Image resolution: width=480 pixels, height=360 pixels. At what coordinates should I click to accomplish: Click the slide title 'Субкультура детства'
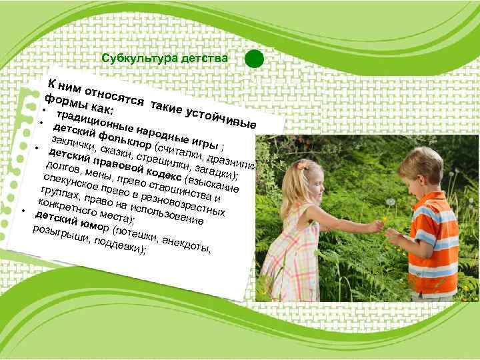[x=165, y=59]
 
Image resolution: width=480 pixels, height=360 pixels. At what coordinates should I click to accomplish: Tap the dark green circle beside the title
[x=254, y=59]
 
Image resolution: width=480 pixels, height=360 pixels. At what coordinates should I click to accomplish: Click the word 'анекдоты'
[x=187, y=243]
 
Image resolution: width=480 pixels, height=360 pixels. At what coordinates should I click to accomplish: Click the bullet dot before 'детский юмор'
[x=23, y=211]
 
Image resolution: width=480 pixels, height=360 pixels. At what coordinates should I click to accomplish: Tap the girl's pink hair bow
[x=305, y=164]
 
